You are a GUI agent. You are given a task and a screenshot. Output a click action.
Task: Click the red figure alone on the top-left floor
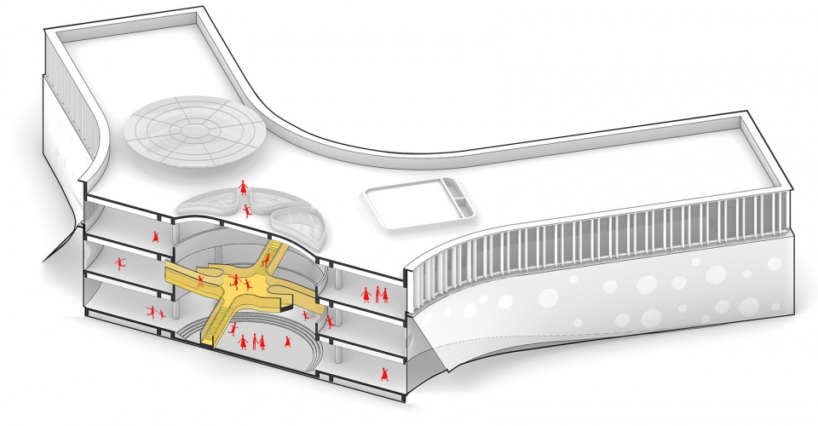click(156, 237)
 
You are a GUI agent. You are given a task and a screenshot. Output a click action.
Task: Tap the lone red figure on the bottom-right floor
click(385, 373)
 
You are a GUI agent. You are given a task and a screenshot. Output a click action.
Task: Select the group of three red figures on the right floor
click(375, 295)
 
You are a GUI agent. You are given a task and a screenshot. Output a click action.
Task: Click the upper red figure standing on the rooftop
click(244, 185)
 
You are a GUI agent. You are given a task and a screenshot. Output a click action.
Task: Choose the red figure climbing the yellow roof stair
click(266, 258)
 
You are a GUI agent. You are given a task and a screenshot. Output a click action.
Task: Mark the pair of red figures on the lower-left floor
click(154, 313)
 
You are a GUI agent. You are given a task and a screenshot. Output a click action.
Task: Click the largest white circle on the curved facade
click(548, 297)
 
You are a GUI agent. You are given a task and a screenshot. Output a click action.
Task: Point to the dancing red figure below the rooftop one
click(247, 209)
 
